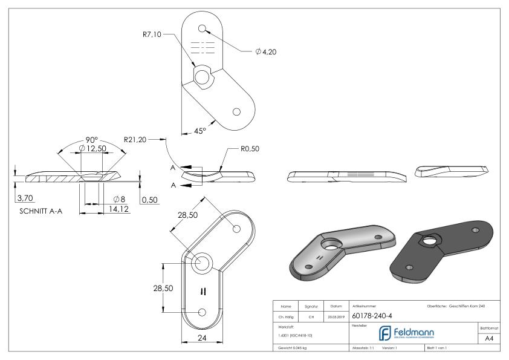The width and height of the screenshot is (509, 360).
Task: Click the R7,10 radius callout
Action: coord(147,35)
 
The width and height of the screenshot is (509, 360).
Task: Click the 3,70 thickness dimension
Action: coord(26,198)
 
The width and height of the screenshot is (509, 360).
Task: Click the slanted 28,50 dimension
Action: coord(185,217)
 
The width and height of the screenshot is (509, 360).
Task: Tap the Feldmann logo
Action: coord(410,333)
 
